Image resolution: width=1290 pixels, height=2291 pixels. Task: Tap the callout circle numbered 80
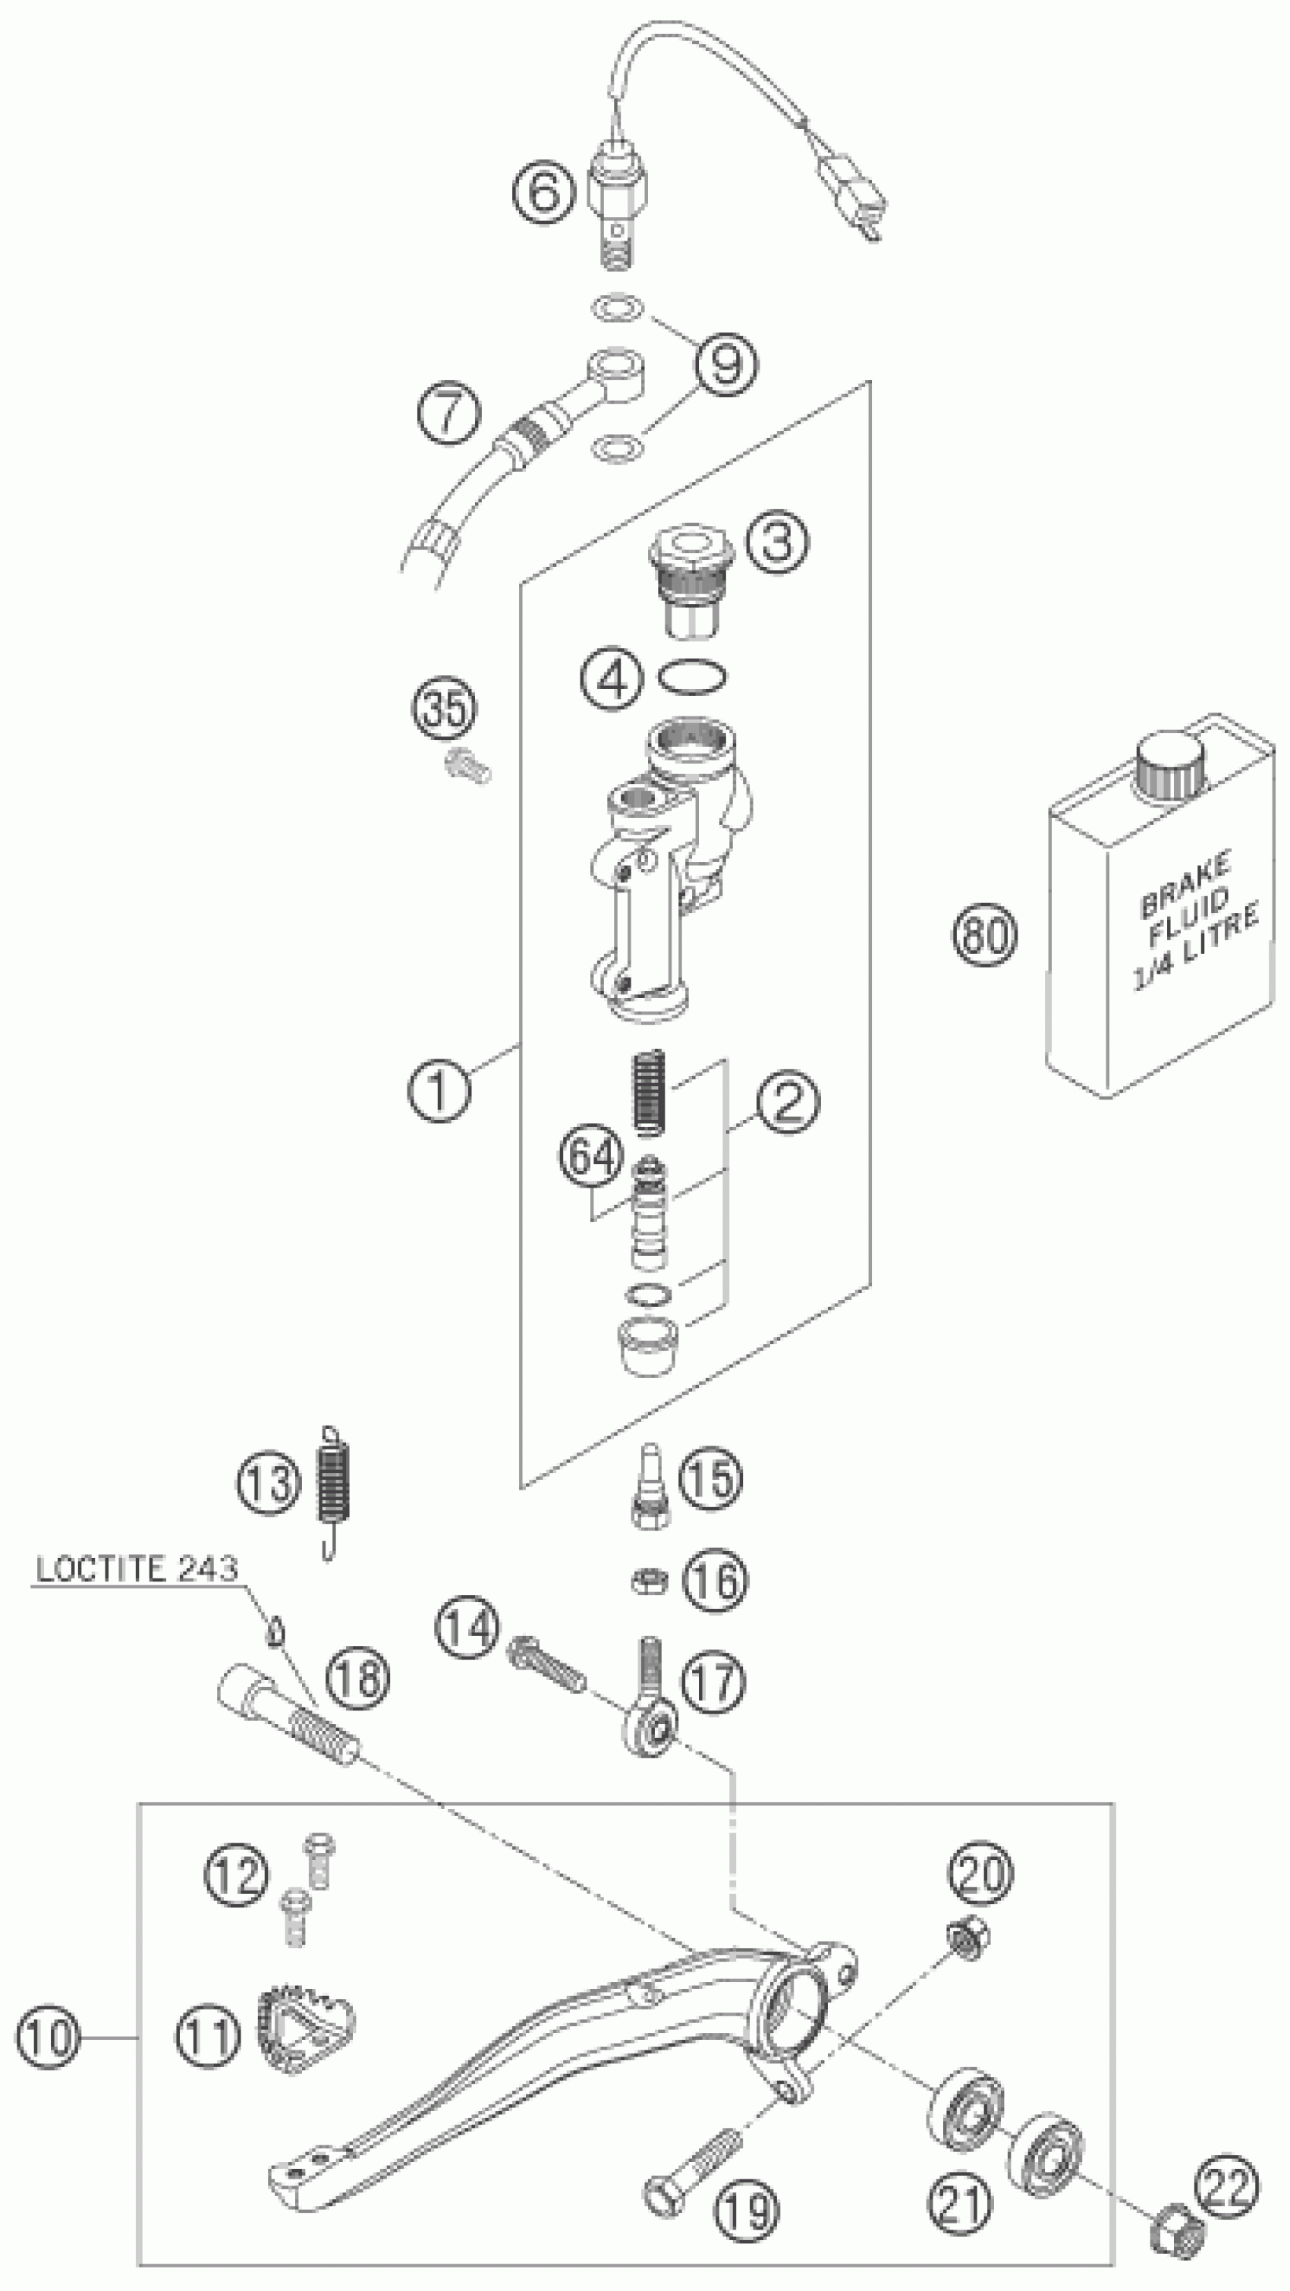pos(984,935)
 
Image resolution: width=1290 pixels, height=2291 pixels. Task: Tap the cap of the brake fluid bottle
pos(1169,766)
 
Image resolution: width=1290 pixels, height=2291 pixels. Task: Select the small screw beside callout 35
pos(467,765)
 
